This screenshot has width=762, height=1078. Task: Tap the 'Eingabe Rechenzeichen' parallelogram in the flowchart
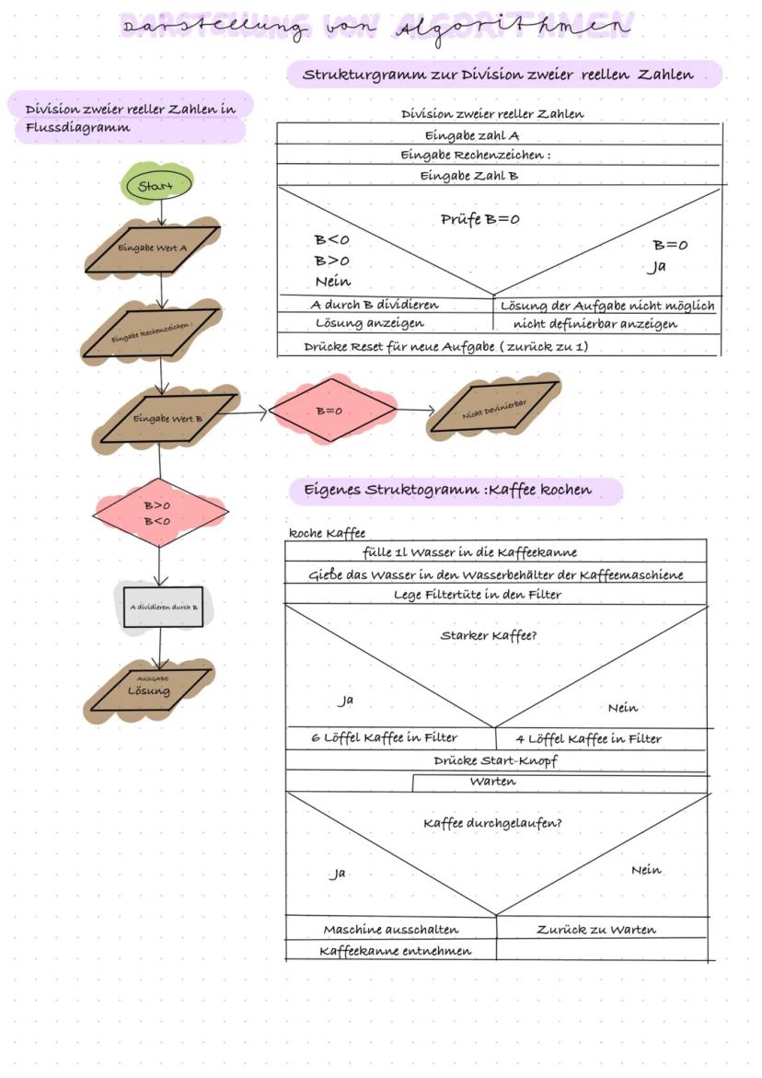(152, 334)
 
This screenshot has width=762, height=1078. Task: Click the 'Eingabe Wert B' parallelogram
(161, 418)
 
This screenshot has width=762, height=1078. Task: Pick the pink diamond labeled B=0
(333, 411)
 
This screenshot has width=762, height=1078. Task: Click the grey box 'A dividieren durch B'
(163, 607)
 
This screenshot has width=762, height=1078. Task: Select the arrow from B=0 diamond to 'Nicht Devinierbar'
(416, 411)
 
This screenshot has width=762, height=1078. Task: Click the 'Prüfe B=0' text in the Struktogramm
(480, 220)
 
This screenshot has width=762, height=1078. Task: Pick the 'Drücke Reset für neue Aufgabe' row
(445, 347)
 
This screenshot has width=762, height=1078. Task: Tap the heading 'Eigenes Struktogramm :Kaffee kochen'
(448, 490)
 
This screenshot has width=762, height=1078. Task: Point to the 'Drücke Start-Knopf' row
(495, 761)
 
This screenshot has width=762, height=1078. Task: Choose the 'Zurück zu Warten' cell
(596, 929)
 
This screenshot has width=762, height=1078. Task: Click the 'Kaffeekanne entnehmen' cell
(396, 951)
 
